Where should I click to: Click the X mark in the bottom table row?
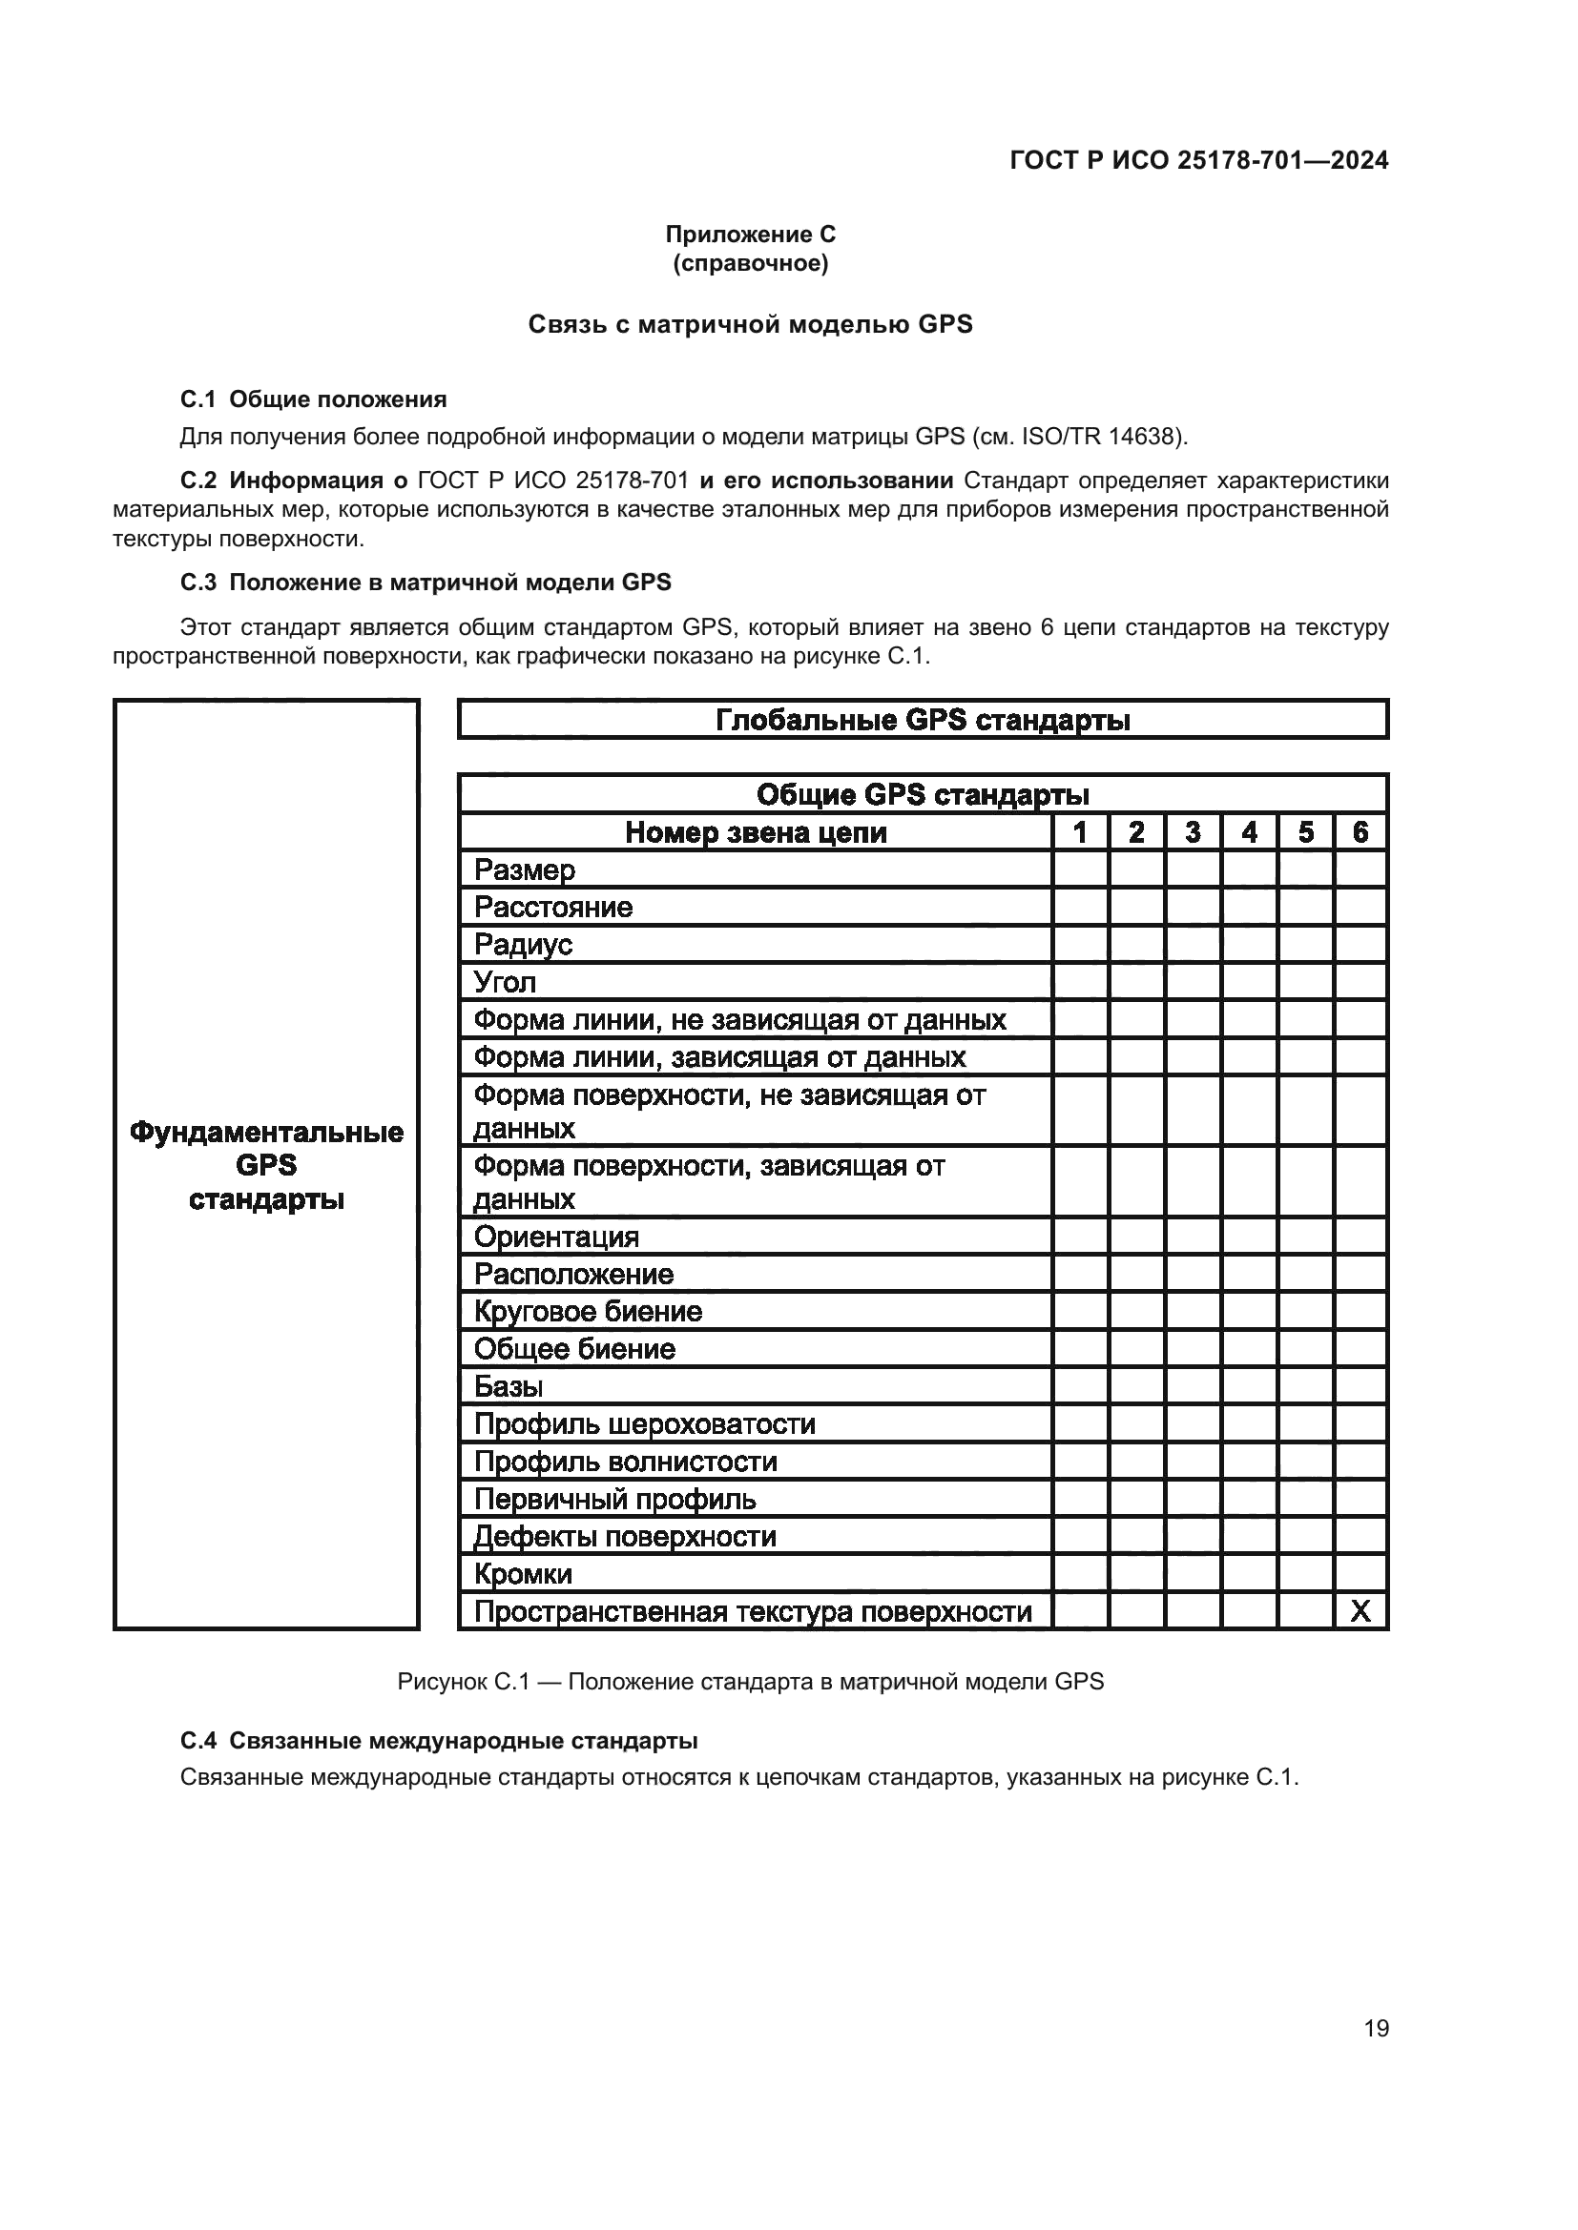(1360, 1611)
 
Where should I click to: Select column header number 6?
(1360, 832)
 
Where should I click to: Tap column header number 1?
(1080, 832)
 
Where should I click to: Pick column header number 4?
(1250, 832)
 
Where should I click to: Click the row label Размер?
(525, 870)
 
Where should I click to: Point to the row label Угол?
(506, 983)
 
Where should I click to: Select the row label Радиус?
(523, 945)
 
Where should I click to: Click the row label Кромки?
(523, 1573)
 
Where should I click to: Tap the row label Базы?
(509, 1386)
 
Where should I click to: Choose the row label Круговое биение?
(588, 1311)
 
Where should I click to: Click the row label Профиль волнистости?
(626, 1462)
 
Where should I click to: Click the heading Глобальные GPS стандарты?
(923, 720)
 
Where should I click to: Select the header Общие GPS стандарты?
(923, 794)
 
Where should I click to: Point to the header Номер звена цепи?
(755, 832)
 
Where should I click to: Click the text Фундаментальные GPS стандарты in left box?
(266, 1165)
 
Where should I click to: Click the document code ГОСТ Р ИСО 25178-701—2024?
(1199, 160)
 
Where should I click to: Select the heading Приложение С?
(750, 235)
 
